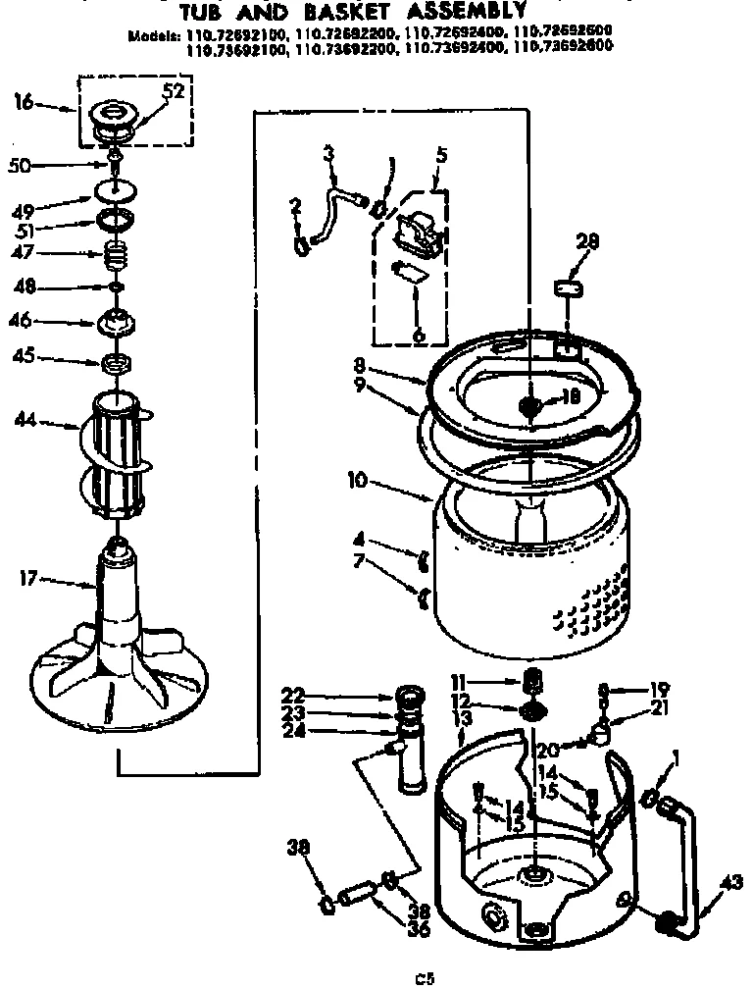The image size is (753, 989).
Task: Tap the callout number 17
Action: pyautogui.click(x=26, y=580)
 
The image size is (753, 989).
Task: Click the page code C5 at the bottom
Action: pyautogui.click(x=423, y=976)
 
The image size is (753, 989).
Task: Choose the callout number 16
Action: pyautogui.click(x=23, y=101)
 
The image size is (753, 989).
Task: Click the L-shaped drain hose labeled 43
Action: pyautogui.click(x=688, y=854)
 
